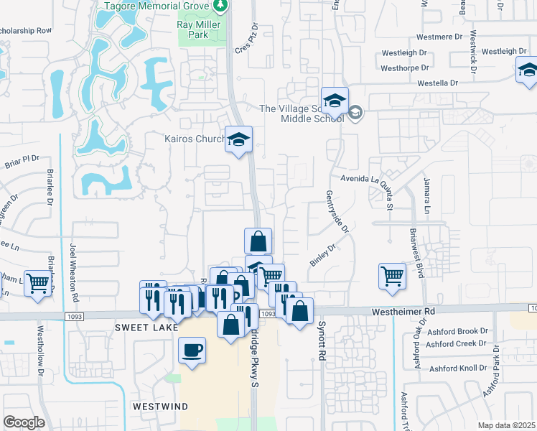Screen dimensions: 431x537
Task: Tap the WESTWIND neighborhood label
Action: pos(160,406)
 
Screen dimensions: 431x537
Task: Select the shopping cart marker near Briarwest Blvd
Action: pos(392,276)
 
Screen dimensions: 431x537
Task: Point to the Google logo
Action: pos(24,422)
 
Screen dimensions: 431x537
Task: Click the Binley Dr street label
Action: pos(323,256)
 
